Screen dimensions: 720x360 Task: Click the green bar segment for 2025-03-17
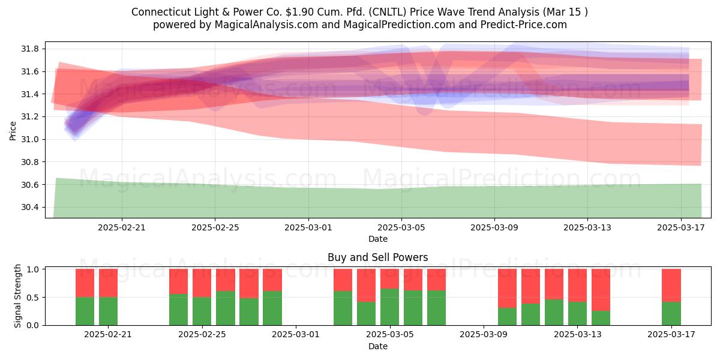click(671, 313)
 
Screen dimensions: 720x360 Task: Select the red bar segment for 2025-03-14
click(601, 290)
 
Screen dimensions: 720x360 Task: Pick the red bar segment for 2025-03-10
click(507, 289)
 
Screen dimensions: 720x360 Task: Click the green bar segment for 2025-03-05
click(389, 307)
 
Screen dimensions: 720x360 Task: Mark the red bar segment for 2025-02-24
click(178, 281)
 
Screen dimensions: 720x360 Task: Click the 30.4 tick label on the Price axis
click(30, 208)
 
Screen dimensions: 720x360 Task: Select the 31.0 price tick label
click(30, 139)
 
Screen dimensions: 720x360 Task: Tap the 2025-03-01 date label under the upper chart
click(308, 227)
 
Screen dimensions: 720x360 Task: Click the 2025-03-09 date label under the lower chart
click(484, 335)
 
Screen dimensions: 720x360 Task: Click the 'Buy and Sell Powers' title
click(377, 257)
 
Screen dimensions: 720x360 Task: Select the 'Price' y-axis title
click(13, 131)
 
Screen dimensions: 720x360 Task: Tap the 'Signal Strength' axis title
click(17, 296)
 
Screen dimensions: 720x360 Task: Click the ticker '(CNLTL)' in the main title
click(388, 12)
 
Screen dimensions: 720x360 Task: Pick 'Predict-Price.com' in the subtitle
click(524, 25)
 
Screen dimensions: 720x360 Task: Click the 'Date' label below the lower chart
click(377, 346)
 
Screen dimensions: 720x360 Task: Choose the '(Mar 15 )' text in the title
click(565, 12)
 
